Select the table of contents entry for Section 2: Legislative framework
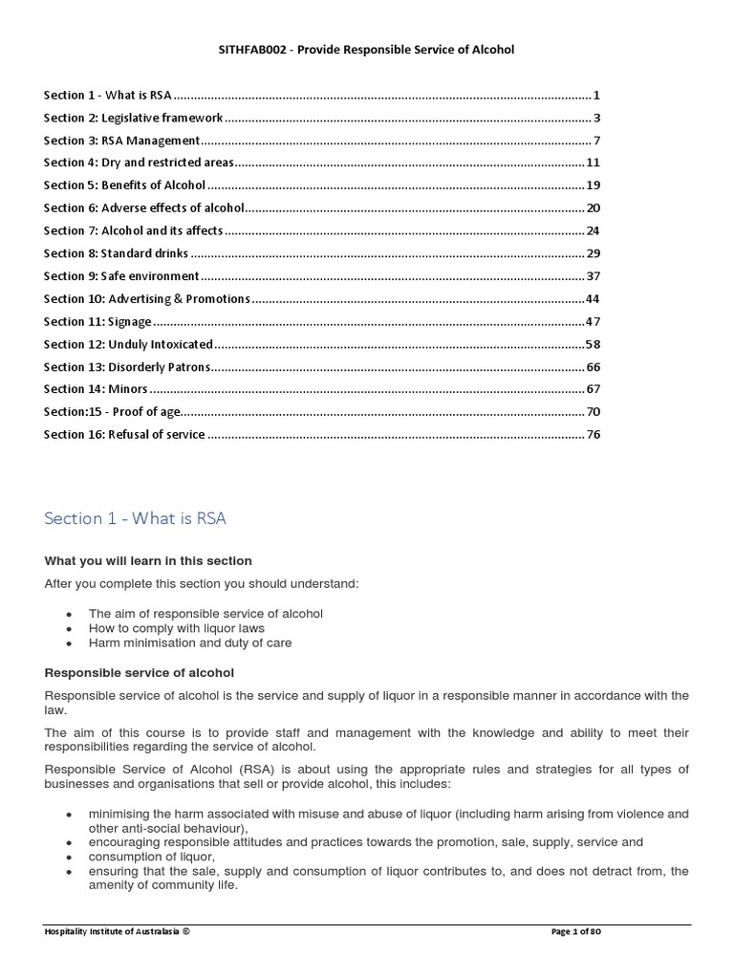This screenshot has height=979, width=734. (x=134, y=119)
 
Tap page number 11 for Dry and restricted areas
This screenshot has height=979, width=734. (x=593, y=163)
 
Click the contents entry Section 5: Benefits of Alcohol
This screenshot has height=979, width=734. (x=124, y=185)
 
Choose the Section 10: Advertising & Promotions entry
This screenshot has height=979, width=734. (x=147, y=299)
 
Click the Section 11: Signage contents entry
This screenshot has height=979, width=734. (x=97, y=322)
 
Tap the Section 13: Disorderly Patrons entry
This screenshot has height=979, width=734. (x=126, y=367)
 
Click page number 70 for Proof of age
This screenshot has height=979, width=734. (x=593, y=412)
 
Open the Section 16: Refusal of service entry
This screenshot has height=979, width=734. (x=124, y=435)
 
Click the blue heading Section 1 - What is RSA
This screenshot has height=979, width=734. (x=135, y=519)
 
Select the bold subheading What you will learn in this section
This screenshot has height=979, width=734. (x=148, y=561)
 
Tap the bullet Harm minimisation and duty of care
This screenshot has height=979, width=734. (x=190, y=643)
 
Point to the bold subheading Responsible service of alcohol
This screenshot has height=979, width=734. (x=139, y=673)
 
